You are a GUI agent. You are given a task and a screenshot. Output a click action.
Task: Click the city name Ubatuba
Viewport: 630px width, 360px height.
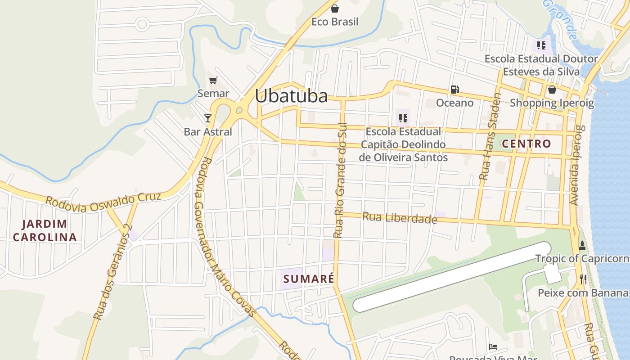point(291,96)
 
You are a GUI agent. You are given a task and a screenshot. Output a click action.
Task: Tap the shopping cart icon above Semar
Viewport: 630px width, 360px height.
point(213,81)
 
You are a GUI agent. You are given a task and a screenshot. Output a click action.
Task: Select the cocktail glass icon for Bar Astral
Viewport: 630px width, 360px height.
point(207,118)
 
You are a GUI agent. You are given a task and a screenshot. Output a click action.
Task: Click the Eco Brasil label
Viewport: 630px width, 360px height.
point(335,22)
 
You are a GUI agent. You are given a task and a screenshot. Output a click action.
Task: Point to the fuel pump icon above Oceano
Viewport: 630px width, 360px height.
point(455,90)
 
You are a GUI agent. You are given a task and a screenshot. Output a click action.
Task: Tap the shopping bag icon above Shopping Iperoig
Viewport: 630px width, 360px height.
point(552,90)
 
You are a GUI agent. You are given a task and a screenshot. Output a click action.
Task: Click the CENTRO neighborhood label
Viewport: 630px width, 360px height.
point(526,144)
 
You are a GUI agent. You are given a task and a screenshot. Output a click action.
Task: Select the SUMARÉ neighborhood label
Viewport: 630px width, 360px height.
point(309,279)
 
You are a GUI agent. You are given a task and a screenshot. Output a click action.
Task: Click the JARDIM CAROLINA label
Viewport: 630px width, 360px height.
point(45,230)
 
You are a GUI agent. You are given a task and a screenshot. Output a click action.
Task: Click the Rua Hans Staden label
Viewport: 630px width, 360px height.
point(490,136)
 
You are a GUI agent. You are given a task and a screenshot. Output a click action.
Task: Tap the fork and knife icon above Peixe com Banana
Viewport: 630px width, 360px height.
point(583,279)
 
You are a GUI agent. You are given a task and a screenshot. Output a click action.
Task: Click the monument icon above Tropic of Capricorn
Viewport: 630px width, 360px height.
point(582,245)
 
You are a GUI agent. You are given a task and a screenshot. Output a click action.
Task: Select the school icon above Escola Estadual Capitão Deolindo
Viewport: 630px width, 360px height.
point(403,118)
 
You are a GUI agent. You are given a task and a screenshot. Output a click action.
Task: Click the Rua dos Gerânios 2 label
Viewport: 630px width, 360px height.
point(111,272)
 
